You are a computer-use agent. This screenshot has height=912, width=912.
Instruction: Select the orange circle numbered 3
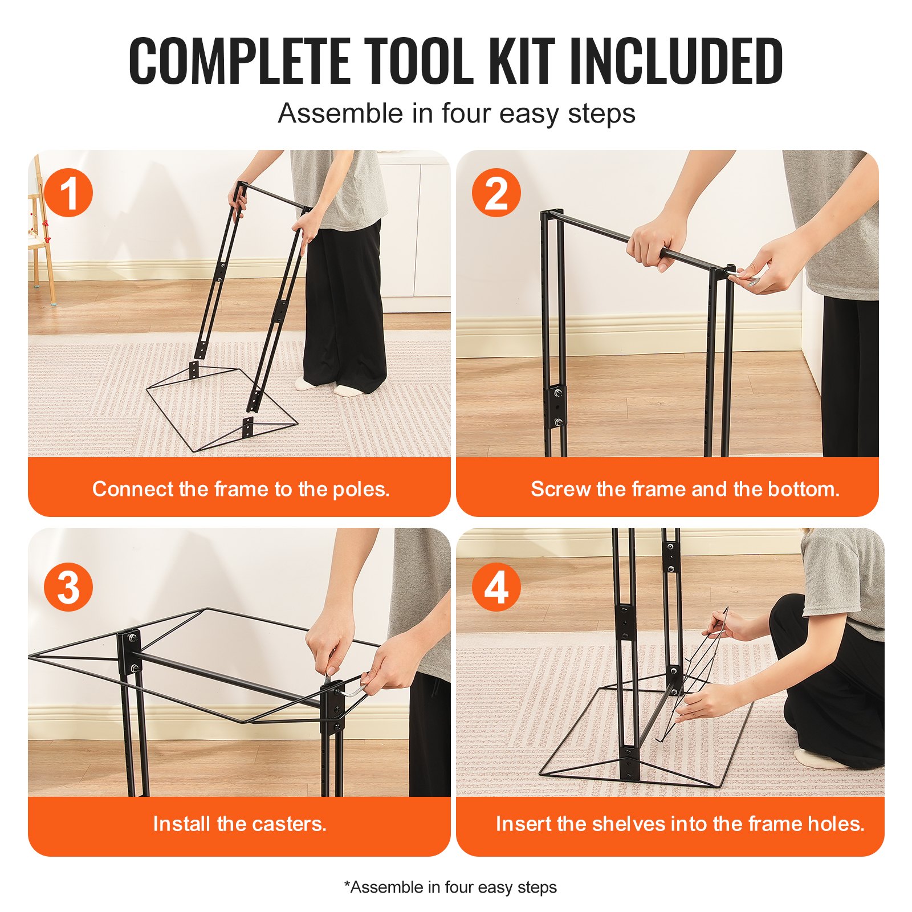pyautogui.click(x=68, y=587)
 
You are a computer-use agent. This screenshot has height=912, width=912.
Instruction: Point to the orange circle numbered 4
pyautogui.click(x=496, y=587)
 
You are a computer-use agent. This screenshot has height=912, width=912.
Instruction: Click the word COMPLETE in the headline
pyautogui.click(x=239, y=61)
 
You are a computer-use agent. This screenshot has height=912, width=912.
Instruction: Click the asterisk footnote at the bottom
pyautogui.click(x=450, y=887)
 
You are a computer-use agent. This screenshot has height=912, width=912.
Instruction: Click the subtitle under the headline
pyautogui.click(x=456, y=113)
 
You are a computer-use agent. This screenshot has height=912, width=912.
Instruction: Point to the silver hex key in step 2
pyautogui.click(x=751, y=280)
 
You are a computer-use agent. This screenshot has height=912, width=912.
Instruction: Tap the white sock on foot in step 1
pyautogui.click(x=349, y=390)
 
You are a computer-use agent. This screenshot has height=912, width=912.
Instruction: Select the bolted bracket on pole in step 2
pyautogui.click(x=557, y=406)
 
